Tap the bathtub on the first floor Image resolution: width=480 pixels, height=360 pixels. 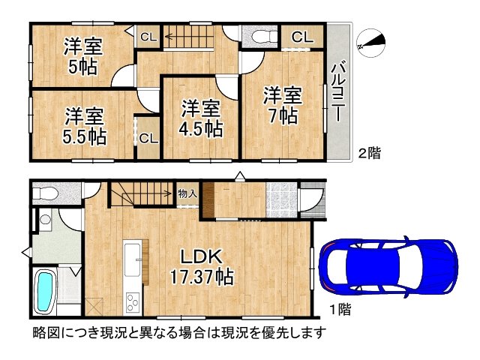[46, 291]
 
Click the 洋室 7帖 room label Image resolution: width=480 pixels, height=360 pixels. [281, 106]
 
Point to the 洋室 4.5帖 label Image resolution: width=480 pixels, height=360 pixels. [201, 118]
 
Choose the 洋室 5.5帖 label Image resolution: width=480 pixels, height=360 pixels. [83, 127]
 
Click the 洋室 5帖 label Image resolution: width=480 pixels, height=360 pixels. [80, 55]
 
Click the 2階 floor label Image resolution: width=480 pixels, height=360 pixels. [369, 154]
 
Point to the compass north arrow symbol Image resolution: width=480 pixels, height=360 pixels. [372, 43]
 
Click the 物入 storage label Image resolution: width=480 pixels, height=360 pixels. [187, 193]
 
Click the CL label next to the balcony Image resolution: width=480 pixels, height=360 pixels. [301, 36]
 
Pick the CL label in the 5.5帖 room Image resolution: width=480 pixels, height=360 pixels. [148, 138]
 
